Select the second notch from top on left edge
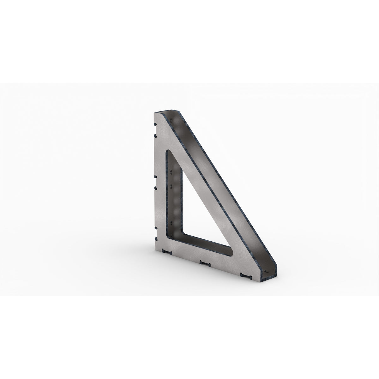click(155, 135)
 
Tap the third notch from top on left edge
click(155, 176)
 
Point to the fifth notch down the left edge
click(155, 228)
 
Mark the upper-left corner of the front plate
click(154, 113)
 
